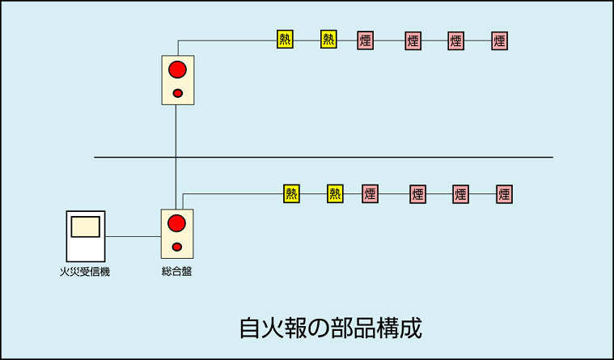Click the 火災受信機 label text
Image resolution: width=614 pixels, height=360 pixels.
point(85,272)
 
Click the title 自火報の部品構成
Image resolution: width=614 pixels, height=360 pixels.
point(330,328)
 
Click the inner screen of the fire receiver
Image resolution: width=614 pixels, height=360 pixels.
point(85,227)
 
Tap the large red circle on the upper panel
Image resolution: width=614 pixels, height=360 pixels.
point(177,70)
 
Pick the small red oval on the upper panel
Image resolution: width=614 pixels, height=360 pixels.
point(178,93)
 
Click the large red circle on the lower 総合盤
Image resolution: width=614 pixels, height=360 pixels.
point(176,223)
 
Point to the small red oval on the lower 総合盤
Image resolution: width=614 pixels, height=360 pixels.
point(177,247)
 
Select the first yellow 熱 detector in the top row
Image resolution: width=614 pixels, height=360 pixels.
point(285,40)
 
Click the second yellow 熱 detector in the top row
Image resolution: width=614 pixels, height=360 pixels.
point(328,40)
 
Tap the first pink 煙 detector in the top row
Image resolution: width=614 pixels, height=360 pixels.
point(366,40)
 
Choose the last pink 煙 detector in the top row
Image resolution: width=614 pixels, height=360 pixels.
point(499,40)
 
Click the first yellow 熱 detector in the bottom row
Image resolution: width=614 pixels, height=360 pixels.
point(291,193)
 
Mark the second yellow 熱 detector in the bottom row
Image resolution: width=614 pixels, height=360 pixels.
point(335,193)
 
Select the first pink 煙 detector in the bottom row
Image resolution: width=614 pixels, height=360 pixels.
point(370,194)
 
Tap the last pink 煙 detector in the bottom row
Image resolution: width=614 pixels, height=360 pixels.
point(504,194)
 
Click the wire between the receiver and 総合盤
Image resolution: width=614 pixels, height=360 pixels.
point(133,236)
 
